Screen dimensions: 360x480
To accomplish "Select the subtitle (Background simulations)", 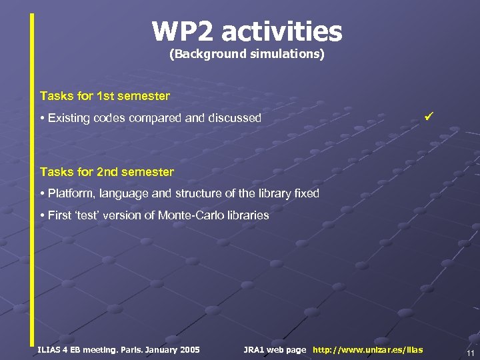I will click(x=247, y=54).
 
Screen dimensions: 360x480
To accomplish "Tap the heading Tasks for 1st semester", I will click(x=105, y=96).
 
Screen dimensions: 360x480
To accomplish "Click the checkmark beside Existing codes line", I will click(x=429, y=117).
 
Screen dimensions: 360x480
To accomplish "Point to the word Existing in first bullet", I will click(x=70, y=118).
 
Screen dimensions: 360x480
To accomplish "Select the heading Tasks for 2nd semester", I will click(x=107, y=172).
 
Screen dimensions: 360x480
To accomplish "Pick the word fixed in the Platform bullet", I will click(x=304, y=193).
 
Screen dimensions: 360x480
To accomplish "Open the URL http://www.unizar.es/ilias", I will click(x=367, y=349).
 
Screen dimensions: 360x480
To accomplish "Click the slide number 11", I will click(x=470, y=353).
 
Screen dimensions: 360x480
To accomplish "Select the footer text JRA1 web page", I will click(x=275, y=349).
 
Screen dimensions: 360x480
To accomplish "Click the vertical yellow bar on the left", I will click(x=31, y=180).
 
